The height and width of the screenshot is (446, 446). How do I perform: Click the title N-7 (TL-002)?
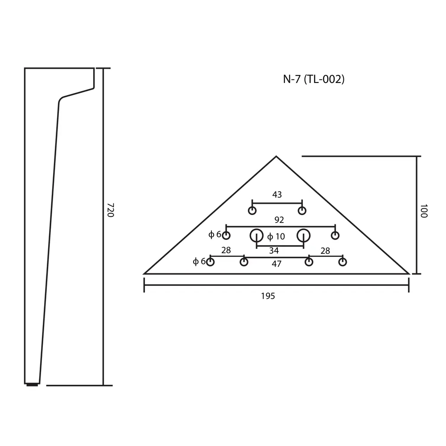point(314,79)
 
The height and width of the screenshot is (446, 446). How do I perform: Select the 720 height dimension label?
point(110,210)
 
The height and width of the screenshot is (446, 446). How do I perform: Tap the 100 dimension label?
point(424,211)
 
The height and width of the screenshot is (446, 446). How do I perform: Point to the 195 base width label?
point(268,296)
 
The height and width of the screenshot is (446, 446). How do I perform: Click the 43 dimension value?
point(277,194)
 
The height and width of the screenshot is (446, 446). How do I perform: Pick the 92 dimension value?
point(279,220)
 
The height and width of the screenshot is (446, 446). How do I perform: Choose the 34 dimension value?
point(274,251)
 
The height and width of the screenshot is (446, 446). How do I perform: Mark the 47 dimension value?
point(277,264)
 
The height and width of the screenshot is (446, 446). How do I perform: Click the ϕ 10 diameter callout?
point(276,236)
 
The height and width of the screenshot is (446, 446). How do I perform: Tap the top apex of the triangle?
point(276,156)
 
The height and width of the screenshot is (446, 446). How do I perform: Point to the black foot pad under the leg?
point(32,385)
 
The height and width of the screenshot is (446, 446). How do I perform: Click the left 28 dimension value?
point(226,250)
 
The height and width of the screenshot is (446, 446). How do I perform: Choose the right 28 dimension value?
point(325,251)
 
